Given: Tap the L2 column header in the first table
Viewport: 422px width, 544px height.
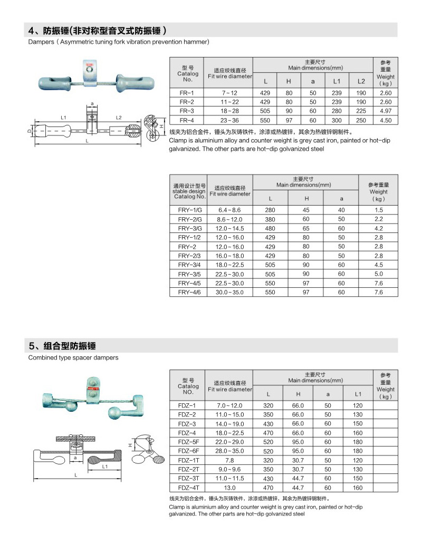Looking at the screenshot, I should pyautogui.click(x=361, y=81).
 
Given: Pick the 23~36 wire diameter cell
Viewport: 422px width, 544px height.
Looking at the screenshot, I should pyautogui.click(x=229, y=120).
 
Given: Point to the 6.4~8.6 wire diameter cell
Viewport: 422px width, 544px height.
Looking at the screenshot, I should pyautogui.click(x=229, y=210).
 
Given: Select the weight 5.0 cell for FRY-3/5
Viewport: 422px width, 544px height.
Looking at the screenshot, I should pyautogui.click(x=378, y=274).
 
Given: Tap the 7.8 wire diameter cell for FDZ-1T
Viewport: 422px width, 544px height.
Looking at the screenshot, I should pyautogui.click(x=229, y=460).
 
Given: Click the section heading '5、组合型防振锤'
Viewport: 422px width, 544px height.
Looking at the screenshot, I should pyautogui.click(x=64, y=346).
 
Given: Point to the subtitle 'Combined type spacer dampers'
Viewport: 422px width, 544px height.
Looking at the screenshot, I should pyautogui.click(x=73, y=357).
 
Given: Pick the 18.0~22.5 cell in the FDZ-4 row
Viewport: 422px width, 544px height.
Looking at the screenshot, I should pyautogui.click(x=229, y=433).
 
